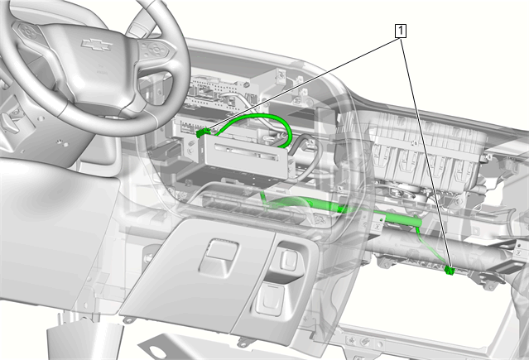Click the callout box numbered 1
pyautogui.click(x=401, y=31)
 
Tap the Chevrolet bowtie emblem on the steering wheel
pyautogui.click(x=97, y=45)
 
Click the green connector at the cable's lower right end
pyautogui.click(x=450, y=270)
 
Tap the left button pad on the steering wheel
pyautogui.click(x=27, y=31)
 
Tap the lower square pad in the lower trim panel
pyautogui.click(x=271, y=300)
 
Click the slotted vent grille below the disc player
pyautogui.click(x=252, y=207)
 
